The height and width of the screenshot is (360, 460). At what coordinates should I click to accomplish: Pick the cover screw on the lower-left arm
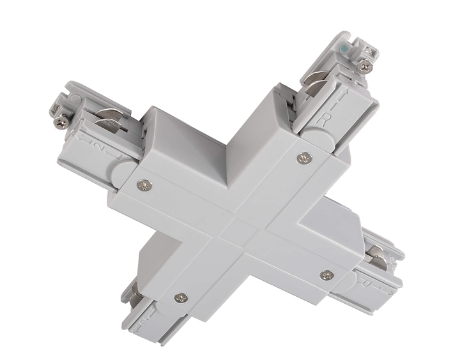click(182, 297)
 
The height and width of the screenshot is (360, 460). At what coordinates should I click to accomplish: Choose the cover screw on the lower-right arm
click(327, 275)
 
